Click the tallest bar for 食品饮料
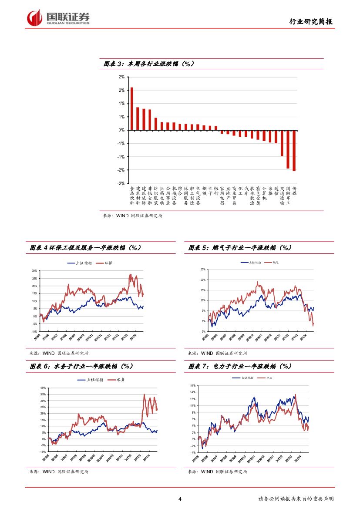[132, 109]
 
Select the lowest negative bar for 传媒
[294, 150]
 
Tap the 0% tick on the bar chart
[122, 130]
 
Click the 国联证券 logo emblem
[34, 18]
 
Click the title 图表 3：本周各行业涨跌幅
[148, 64]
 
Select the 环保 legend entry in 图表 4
[101, 263]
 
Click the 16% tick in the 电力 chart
[193, 386]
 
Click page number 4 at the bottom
[180, 499]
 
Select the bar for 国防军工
[288, 149]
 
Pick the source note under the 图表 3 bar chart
[133, 216]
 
